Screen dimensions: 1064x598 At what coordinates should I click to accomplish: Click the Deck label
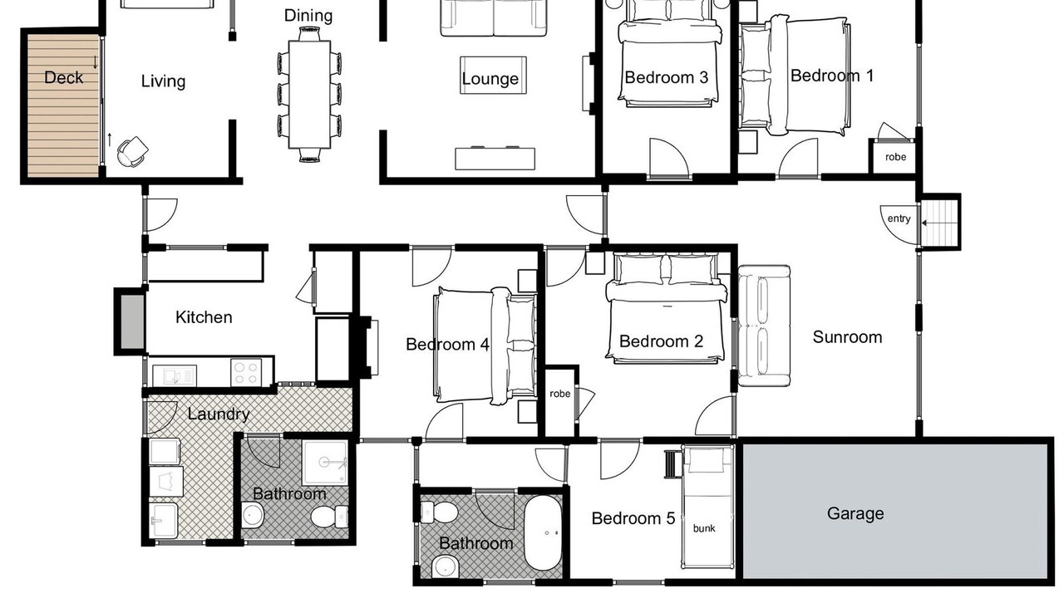[64, 77]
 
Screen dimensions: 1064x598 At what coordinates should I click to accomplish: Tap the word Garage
[855, 513]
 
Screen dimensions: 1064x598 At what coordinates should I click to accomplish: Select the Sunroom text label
[847, 337]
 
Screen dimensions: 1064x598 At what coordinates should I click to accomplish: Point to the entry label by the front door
[899, 218]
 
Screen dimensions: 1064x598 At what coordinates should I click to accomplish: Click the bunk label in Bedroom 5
[704, 528]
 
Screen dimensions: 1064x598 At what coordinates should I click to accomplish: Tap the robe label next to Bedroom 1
[895, 157]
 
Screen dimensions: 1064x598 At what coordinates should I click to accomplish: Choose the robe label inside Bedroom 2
[560, 394]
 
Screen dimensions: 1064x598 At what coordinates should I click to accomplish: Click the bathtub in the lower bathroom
[543, 533]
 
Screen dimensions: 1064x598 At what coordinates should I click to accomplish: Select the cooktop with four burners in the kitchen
[246, 373]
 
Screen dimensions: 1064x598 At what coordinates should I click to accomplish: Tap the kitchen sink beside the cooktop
[175, 375]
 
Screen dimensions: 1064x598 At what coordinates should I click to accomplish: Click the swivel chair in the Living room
[132, 151]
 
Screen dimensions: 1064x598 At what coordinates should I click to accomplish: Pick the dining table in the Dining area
[310, 95]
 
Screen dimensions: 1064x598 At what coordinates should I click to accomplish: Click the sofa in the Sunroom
[764, 326]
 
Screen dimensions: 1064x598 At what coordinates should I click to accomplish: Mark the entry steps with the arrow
[938, 223]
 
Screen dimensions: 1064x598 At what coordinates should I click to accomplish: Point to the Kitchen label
[204, 317]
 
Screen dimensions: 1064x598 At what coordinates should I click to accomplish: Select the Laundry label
[219, 414]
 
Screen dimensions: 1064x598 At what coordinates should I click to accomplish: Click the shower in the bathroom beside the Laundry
[325, 463]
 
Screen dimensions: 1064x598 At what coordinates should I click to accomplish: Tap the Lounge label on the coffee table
[490, 79]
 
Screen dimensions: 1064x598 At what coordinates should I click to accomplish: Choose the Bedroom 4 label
[447, 344]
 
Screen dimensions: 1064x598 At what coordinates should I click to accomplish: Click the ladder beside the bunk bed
[671, 463]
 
